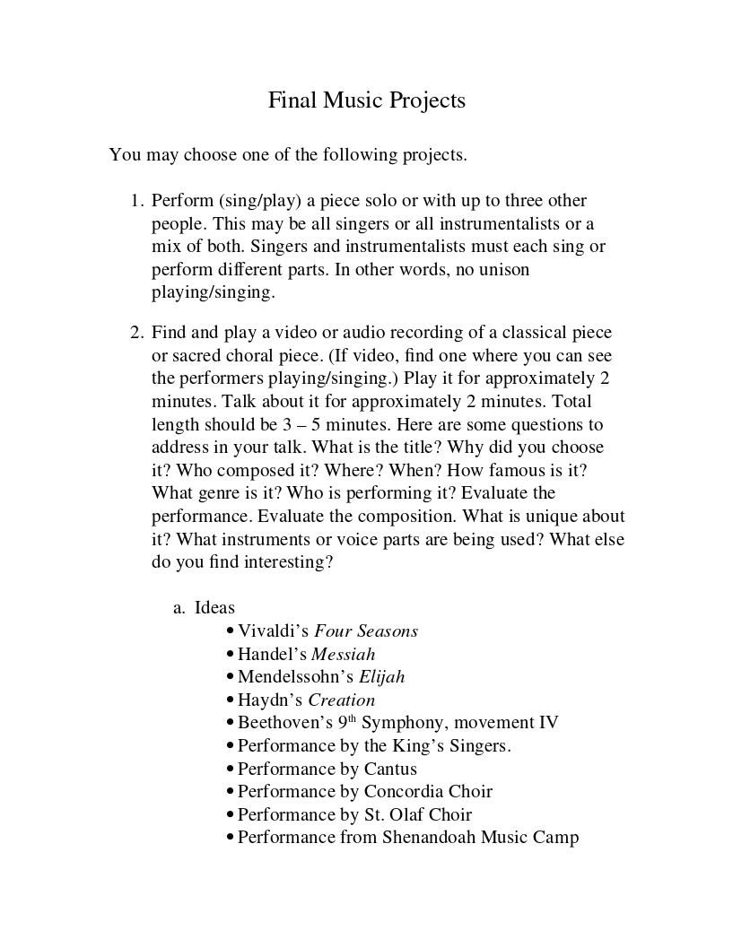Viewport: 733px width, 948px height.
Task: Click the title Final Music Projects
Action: point(366,100)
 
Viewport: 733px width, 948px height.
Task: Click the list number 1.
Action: point(136,201)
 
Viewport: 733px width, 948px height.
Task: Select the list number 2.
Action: point(136,334)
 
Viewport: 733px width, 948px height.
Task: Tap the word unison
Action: point(502,269)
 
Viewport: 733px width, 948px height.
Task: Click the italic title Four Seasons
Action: point(366,631)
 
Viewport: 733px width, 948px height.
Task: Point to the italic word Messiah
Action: point(343,655)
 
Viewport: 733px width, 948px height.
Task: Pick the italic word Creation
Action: point(342,700)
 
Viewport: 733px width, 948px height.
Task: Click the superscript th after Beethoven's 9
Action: point(353,719)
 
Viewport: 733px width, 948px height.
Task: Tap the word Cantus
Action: point(390,769)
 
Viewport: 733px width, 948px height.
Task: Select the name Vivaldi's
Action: point(274,631)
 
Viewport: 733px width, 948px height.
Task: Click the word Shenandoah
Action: point(429,838)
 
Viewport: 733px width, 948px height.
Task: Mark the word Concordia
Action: point(402,792)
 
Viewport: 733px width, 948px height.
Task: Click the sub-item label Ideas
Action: point(214,608)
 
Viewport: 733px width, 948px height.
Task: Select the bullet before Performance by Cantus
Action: point(231,770)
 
